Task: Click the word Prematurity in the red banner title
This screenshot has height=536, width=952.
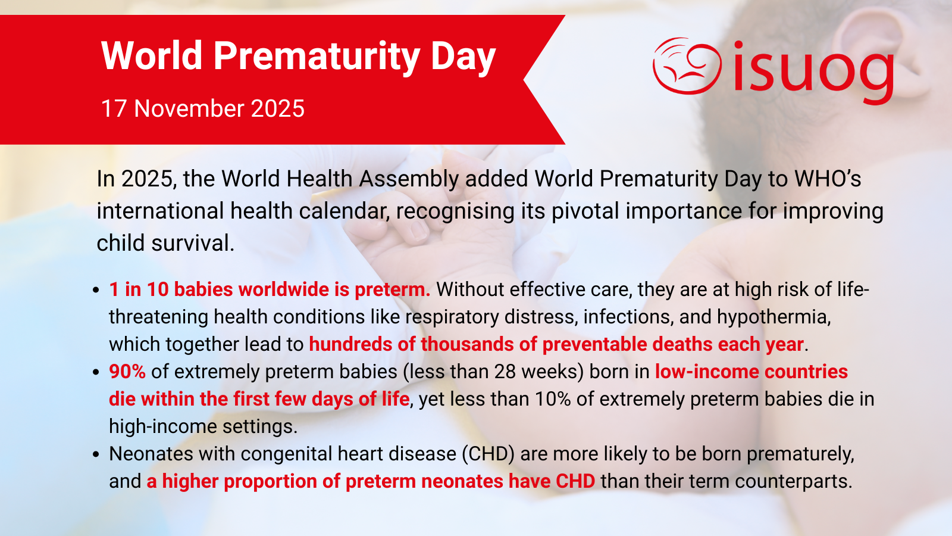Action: click(317, 56)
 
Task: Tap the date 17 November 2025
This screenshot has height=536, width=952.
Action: click(203, 108)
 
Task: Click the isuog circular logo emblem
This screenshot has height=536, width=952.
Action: click(687, 66)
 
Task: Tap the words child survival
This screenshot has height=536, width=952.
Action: click(165, 243)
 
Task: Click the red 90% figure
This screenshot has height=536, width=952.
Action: click(127, 372)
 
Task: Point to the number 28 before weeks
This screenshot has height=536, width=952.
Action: click(505, 372)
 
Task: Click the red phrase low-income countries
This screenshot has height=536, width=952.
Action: click(751, 372)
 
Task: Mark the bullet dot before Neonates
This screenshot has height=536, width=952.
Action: click(96, 454)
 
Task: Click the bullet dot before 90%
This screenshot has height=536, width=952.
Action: click(96, 372)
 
